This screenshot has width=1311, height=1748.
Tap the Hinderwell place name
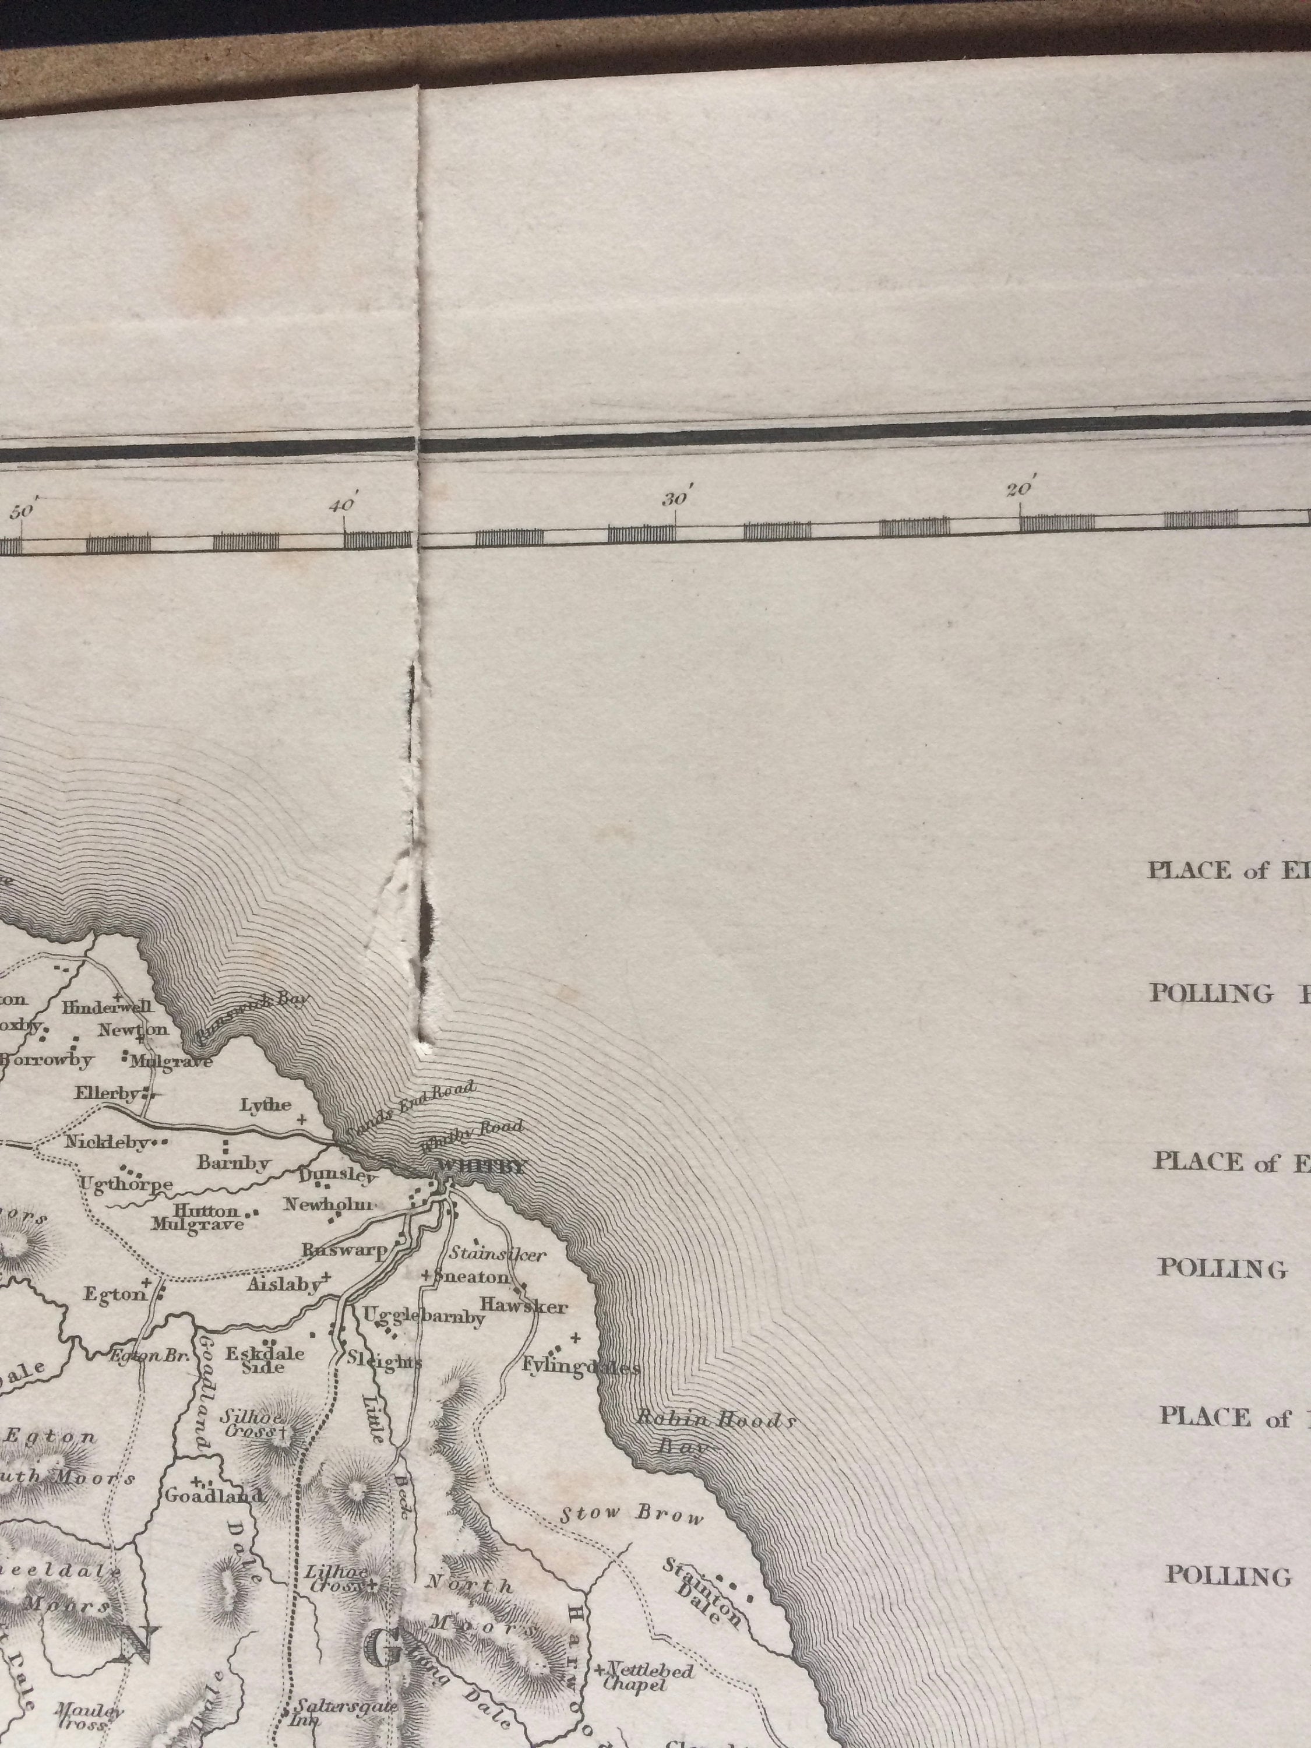pyautogui.click(x=107, y=1007)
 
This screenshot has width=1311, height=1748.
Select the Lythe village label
pyautogui.click(x=266, y=1105)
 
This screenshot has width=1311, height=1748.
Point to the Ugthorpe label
pyautogui.click(x=126, y=1185)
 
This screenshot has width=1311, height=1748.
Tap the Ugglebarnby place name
pyautogui.click(x=423, y=1316)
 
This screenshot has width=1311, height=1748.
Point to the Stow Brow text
pyautogui.click(x=632, y=1516)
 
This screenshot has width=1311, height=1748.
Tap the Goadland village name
pyautogui.click(x=213, y=1496)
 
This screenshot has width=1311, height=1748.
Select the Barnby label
pyautogui.click(x=234, y=1163)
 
